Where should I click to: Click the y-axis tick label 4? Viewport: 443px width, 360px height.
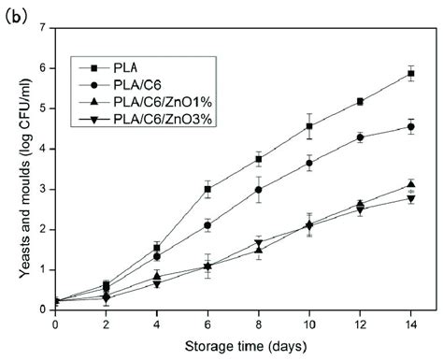45,149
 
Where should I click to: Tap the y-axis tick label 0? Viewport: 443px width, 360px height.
45,310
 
